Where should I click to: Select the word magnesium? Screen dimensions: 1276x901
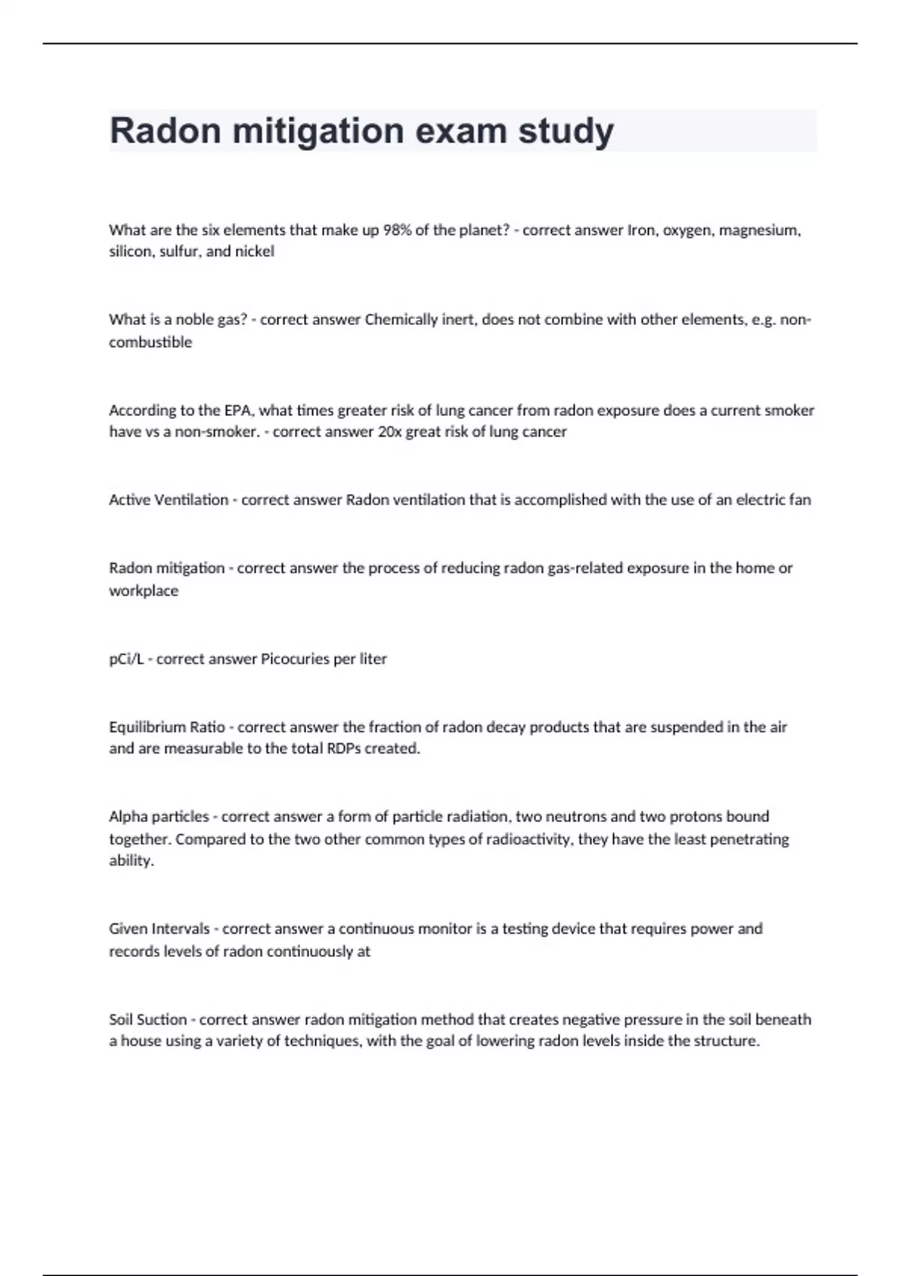point(759,230)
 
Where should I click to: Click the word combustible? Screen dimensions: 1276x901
point(150,342)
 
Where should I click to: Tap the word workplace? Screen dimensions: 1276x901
point(143,591)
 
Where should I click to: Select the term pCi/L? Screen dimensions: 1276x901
point(126,659)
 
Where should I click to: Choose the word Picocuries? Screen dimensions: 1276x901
point(295,659)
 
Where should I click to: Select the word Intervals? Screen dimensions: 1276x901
point(180,929)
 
